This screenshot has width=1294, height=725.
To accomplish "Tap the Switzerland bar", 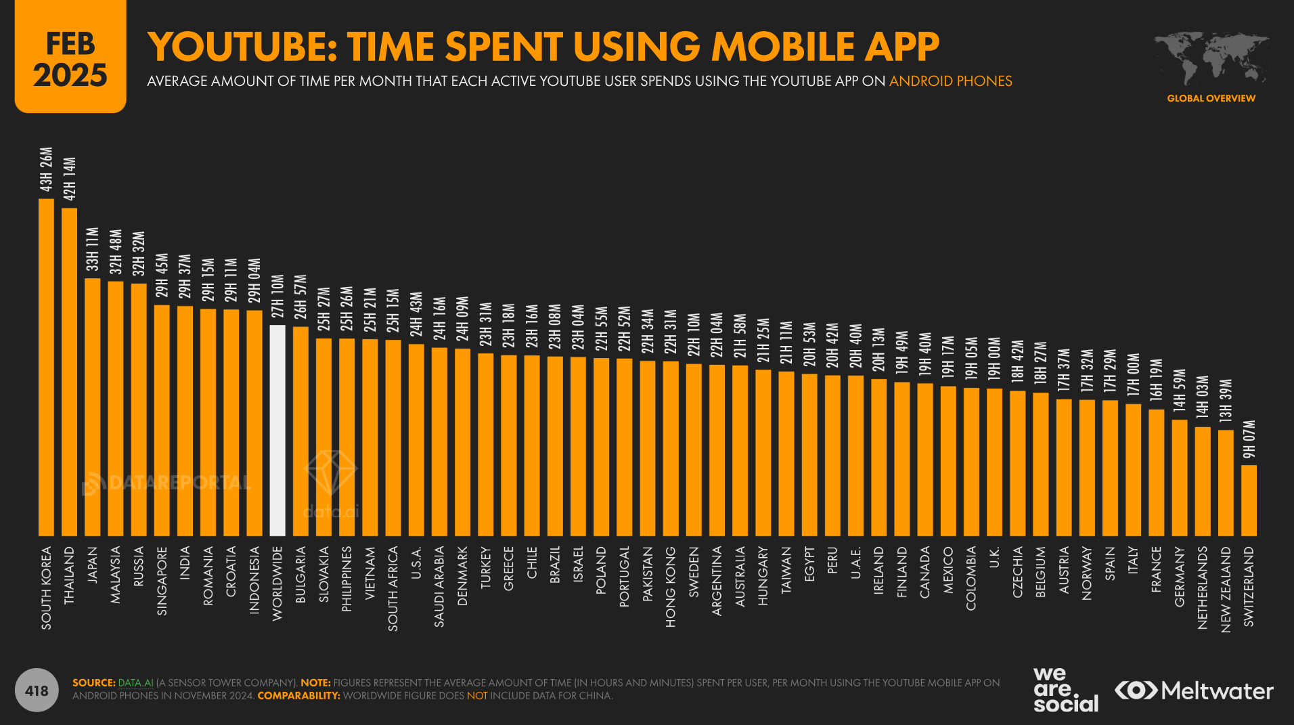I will [x=1249, y=500].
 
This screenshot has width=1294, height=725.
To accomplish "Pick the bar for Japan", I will [x=93, y=407].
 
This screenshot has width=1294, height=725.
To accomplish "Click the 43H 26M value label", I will [x=46, y=169].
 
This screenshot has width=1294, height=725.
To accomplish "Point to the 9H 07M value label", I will [x=1249, y=439].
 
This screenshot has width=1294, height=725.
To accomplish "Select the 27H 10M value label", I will [x=277, y=296].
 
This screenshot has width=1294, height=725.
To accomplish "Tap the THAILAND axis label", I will [x=70, y=575].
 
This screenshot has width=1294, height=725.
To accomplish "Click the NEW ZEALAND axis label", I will [x=1226, y=590].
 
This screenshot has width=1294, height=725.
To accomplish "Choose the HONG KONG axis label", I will [x=671, y=587].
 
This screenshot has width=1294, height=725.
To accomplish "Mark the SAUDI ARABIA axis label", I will [x=439, y=586].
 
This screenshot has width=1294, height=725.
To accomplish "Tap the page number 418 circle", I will [x=37, y=690].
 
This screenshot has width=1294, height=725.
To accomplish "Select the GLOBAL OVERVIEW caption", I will [x=1211, y=98].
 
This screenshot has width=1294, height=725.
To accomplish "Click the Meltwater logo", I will [x=1194, y=690].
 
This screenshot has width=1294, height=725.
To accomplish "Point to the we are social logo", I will [x=1065, y=690].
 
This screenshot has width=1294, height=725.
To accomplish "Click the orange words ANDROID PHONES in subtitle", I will [x=950, y=81].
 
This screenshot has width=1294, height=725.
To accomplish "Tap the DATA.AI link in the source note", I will [x=135, y=682].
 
